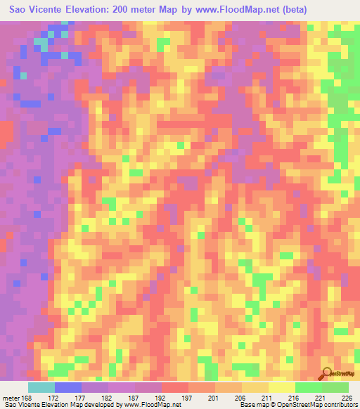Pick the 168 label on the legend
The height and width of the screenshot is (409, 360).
pos(27,396)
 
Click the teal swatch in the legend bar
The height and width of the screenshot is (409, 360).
pos(41,387)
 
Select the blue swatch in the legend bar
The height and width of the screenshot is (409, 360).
pos(68,387)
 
